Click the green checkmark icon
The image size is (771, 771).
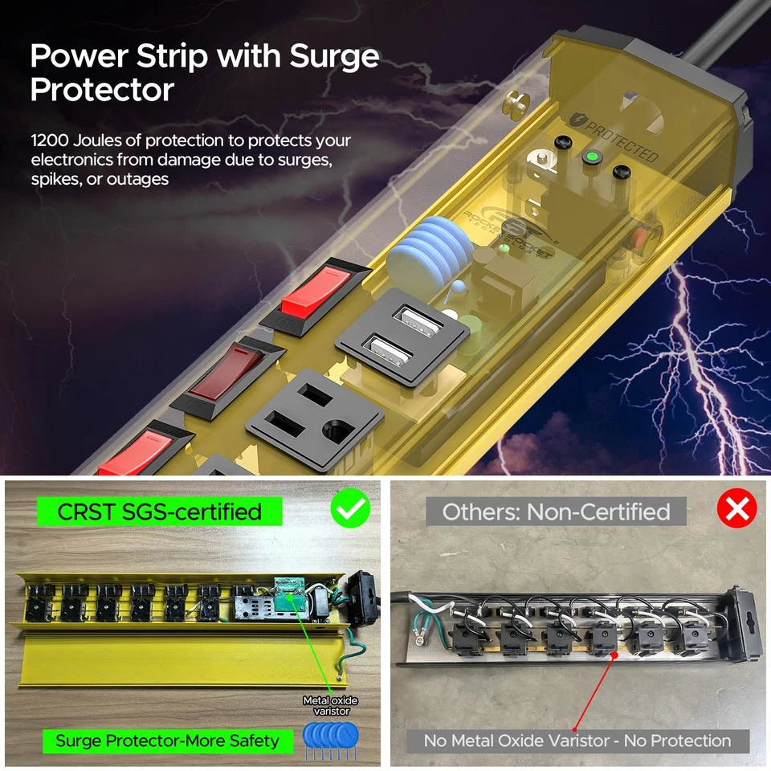tap(350, 510)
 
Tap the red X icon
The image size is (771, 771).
tap(736, 510)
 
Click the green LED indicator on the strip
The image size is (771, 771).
tap(592, 156)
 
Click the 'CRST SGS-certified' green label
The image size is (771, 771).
tap(160, 512)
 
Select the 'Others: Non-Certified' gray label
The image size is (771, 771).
tap(556, 512)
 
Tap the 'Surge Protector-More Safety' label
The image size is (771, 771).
tap(167, 740)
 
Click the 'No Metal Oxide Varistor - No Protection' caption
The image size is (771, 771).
tap(577, 740)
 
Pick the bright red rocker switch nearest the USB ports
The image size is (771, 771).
tap(316, 292)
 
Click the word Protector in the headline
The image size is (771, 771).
tap(103, 90)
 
